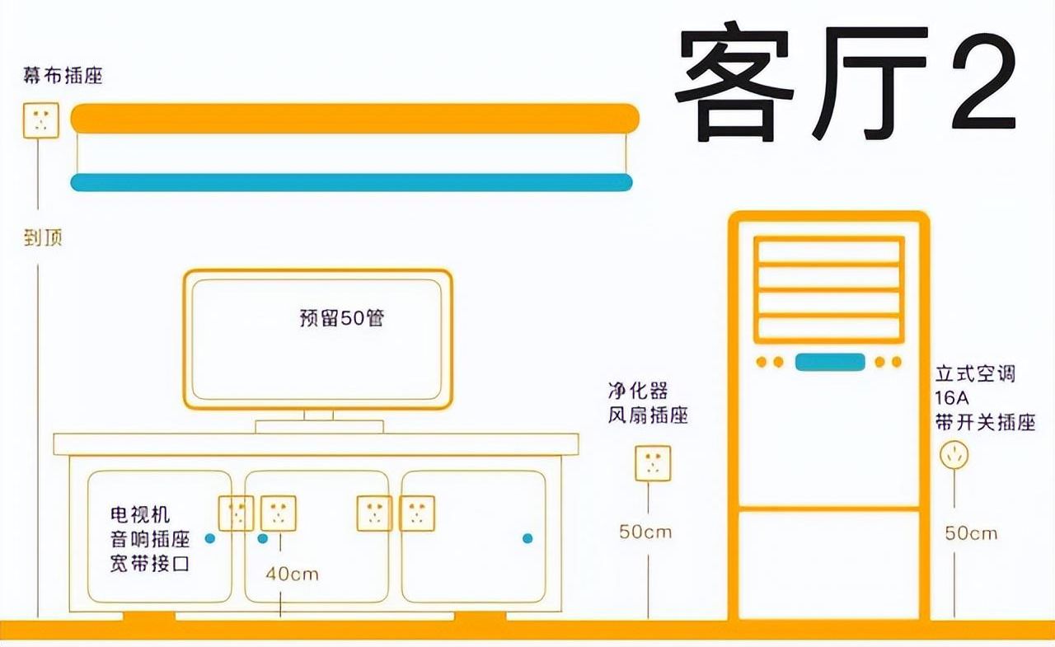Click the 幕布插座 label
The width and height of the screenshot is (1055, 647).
click(x=63, y=75)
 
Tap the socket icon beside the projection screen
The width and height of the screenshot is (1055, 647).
click(x=41, y=120)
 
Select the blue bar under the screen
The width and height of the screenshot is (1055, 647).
click(x=351, y=182)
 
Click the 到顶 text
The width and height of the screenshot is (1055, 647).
click(x=43, y=238)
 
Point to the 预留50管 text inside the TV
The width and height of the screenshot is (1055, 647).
click(x=342, y=318)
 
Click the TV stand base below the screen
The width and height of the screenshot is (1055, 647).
click(x=319, y=427)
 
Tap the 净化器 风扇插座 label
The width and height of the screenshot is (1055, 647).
click(x=648, y=403)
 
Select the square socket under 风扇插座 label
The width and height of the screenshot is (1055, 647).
click(x=653, y=463)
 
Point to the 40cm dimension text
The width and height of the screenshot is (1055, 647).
click(x=292, y=574)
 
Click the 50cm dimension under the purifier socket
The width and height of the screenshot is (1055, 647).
click(x=645, y=532)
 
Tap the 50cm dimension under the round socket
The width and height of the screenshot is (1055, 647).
click(x=971, y=533)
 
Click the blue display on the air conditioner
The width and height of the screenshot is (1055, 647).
click(x=830, y=362)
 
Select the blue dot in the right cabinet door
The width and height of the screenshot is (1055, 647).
click(x=527, y=538)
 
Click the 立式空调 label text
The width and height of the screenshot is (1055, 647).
click(x=975, y=374)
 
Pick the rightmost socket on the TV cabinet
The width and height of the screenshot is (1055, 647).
click(x=417, y=513)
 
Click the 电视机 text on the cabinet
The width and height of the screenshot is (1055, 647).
click(x=140, y=514)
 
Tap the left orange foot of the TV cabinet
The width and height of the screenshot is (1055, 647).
click(x=149, y=616)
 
